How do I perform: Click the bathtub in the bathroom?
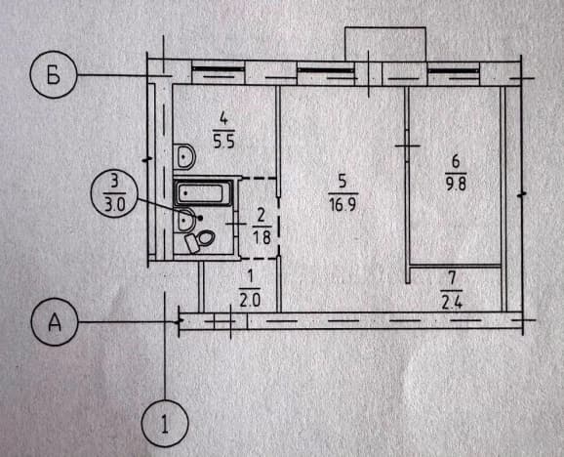(x=203, y=193)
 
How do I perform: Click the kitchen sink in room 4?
(x=184, y=156)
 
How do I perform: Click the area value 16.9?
(x=342, y=205)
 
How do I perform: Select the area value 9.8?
(x=456, y=185)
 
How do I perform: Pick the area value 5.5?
(x=223, y=142)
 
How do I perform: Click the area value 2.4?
(x=452, y=303)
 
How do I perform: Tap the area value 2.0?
(x=250, y=300)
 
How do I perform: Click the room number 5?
(x=342, y=182)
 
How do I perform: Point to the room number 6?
(x=456, y=161)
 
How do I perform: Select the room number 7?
(x=452, y=279)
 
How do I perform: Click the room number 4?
(x=223, y=119)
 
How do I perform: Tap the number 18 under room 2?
(x=262, y=237)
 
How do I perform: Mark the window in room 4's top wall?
(x=218, y=72)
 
